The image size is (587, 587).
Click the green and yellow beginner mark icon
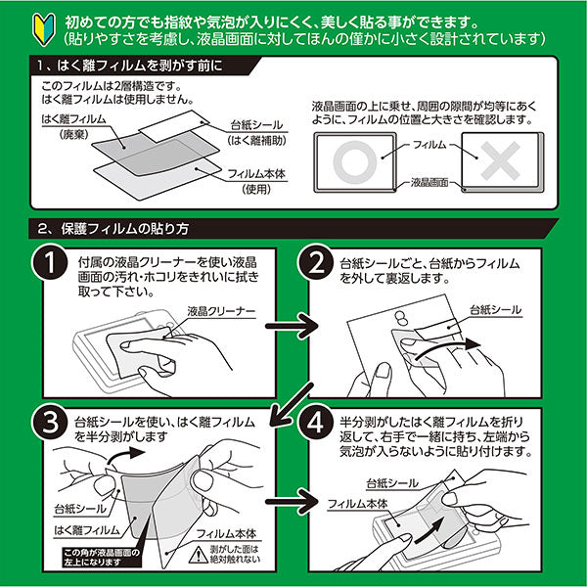coord(20,20)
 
